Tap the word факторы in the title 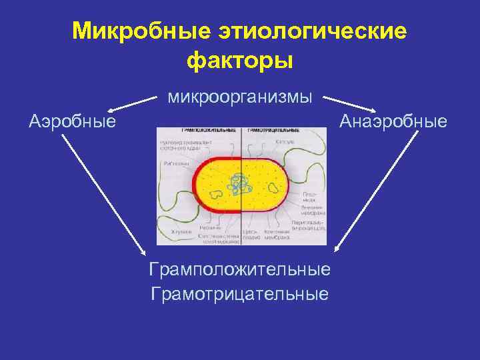[x=240, y=61]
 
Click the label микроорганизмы [x=240, y=97]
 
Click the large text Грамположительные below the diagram [x=240, y=269]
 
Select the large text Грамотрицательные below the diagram [x=240, y=294]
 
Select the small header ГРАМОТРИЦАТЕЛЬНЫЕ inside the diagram [x=273, y=131]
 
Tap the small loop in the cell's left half [x=216, y=195]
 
